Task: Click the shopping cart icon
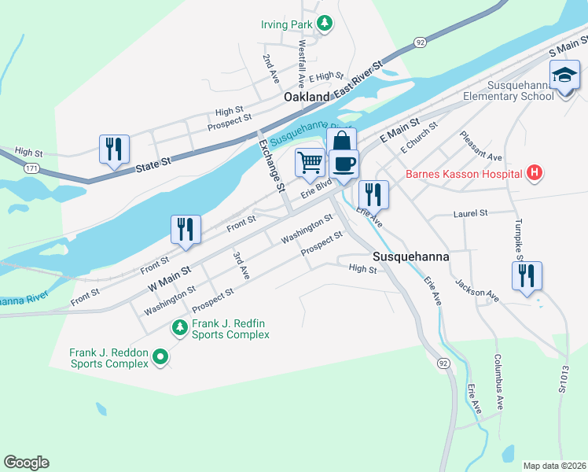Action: pyautogui.click(x=310, y=162)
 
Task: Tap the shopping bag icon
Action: pyautogui.click(x=341, y=142)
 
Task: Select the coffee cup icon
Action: pyautogui.click(x=344, y=164)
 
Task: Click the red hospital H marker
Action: pyautogui.click(x=535, y=173)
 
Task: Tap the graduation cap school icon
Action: pyautogui.click(x=564, y=76)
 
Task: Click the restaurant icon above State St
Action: pyautogui.click(x=114, y=148)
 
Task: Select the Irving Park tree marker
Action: pyautogui.click(x=324, y=24)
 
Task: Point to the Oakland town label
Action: pyautogui.click(x=307, y=97)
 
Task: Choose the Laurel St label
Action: pyautogui.click(x=471, y=213)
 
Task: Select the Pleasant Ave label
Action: pyautogui.click(x=480, y=146)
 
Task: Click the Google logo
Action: pyautogui.click(x=26, y=463)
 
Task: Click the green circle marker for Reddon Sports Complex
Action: pyautogui.click(x=160, y=358)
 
